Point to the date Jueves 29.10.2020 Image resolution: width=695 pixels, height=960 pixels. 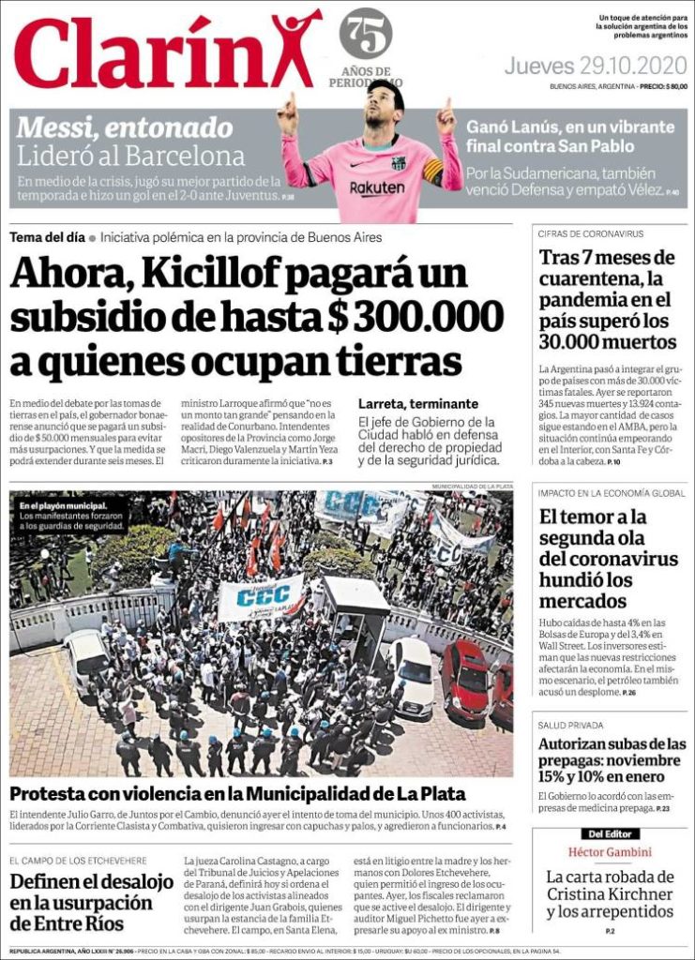596,67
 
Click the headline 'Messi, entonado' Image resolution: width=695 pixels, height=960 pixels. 125,127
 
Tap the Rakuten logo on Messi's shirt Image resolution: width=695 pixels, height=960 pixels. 377,187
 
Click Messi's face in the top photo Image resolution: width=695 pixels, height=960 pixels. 383,105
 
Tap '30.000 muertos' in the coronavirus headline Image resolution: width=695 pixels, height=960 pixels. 608,341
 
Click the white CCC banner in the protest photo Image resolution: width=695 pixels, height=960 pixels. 260,598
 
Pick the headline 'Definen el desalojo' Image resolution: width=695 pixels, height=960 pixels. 92,882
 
